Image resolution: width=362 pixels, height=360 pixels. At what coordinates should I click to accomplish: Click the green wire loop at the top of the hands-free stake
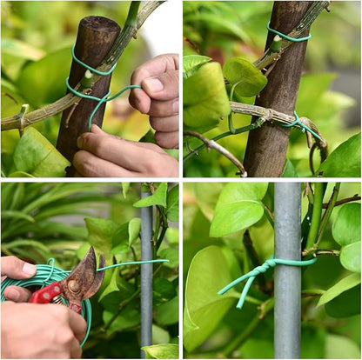tap(289, 36)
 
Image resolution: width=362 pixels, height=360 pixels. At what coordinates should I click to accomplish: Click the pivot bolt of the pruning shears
tap(77, 288)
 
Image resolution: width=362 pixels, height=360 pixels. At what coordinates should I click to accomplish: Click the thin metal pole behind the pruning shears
tap(146, 287)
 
